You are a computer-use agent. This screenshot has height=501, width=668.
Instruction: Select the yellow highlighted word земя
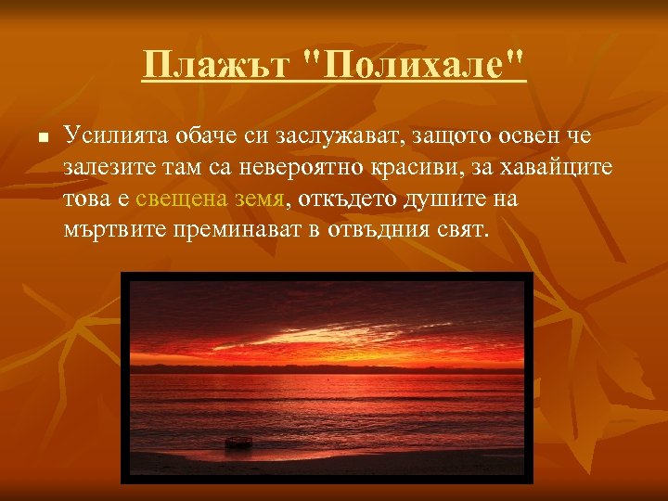click(x=253, y=198)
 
